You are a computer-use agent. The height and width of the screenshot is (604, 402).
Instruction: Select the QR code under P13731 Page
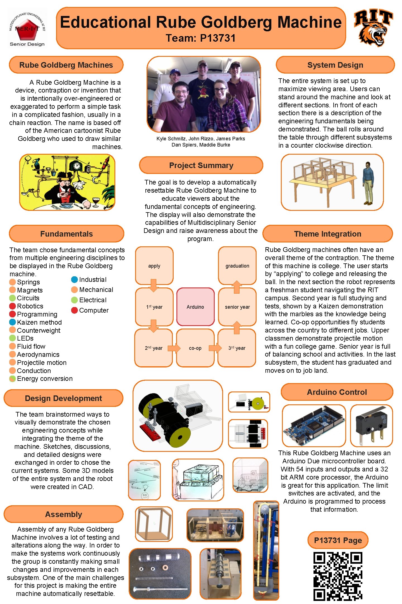coord(338,576)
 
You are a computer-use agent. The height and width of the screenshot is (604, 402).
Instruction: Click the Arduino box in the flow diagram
coord(195,307)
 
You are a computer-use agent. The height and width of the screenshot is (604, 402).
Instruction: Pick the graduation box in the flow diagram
coord(237,266)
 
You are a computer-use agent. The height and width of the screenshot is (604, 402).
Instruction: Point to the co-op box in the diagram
coord(195,348)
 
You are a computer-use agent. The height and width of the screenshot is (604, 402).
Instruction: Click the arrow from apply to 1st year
coord(153,285)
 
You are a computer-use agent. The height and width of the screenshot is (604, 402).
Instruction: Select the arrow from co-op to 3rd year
coord(215,348)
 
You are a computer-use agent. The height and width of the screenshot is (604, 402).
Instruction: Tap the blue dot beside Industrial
coord(74,280)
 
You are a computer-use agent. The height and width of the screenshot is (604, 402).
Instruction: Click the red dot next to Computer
coord(74,310)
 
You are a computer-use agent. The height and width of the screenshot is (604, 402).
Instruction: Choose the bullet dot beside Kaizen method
coord(13,322)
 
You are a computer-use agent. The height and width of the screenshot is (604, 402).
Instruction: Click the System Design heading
coord(335,65)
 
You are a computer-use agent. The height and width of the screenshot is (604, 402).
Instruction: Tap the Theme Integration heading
coord(327,234)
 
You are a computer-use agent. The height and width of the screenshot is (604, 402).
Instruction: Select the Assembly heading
coord(64,514)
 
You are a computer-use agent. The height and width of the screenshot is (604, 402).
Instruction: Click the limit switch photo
coord(371,426)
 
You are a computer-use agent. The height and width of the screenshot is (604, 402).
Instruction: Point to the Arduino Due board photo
coord(314,426)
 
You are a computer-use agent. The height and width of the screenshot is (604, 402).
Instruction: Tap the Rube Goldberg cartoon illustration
coord(67,182)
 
